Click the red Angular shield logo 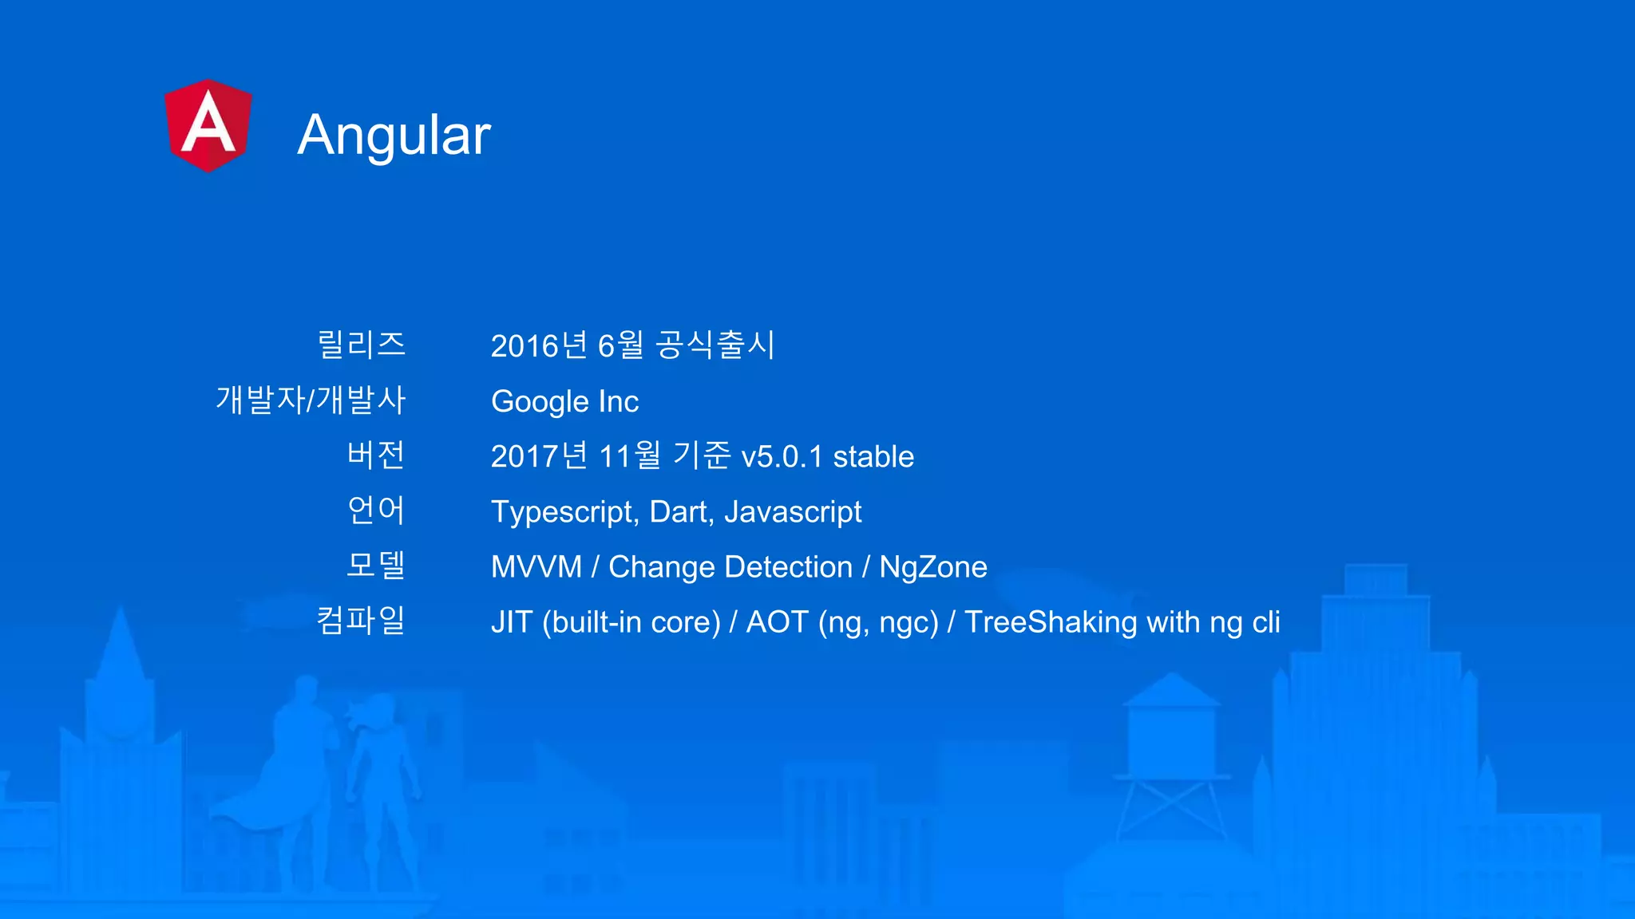208,125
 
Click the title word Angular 394,135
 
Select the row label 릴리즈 361,345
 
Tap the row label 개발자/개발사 311,400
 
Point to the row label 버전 376,455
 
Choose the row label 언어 376,510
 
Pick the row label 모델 376,565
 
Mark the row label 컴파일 361,620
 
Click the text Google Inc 564,401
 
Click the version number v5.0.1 782,457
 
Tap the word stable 873,457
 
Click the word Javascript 793,512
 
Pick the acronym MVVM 536,567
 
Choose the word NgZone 933,567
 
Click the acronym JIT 511,622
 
